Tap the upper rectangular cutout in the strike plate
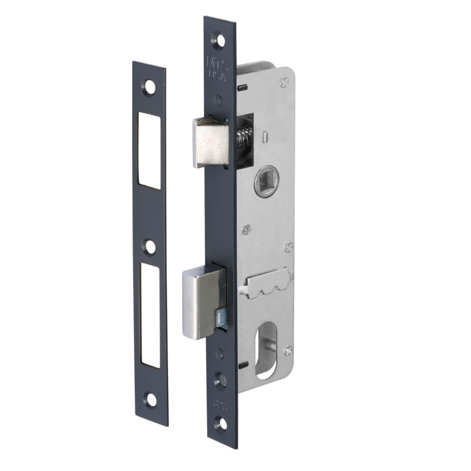(x=151, y=150)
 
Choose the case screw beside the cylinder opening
(x=288, y=349)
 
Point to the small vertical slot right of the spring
(x=263, y=134)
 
